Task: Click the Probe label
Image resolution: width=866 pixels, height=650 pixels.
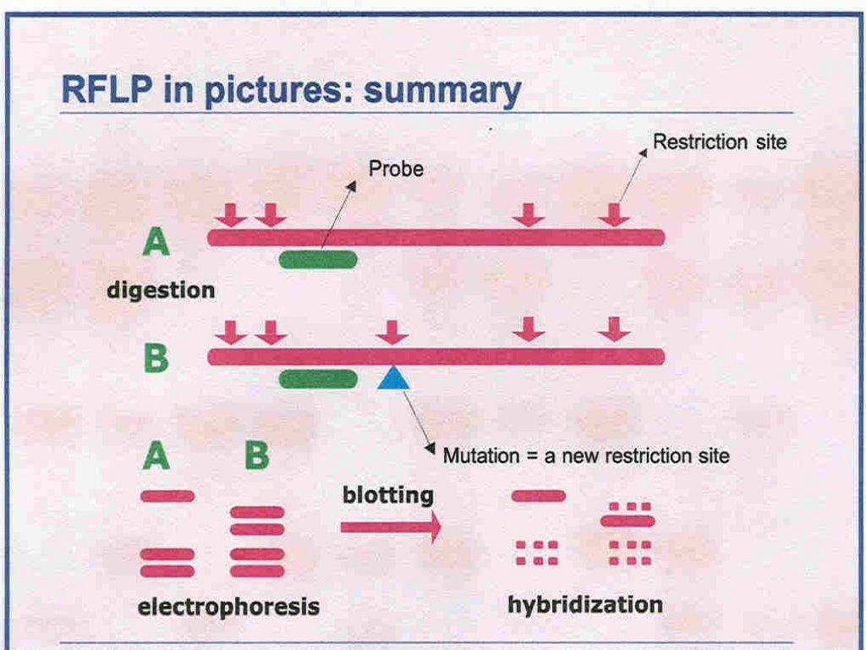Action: pyautogui.click(x=396, y=169)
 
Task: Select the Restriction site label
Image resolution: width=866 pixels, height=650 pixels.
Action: pyautogui.click(x=720, y=141)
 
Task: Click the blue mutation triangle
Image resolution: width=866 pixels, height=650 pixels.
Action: pyautogui.click(x=393, y=377)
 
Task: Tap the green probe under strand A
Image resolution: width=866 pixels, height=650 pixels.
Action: pyautogui.click(x=318, y=260)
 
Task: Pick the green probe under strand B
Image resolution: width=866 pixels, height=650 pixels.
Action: pyautogui.click(x=318, y=379)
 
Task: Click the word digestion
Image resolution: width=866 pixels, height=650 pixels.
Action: pyautogui.click(x=161, y=290)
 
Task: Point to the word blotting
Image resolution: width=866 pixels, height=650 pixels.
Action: pyautogui.click(x=388, y=495)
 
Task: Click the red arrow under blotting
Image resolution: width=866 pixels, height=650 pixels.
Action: pyautogui.click(x=391, y=527)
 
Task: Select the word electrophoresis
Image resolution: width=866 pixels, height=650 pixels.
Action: pyautogui.click(x=228, y=606)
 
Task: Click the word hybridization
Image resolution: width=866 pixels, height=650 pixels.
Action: pyautogui.click(x=585, y=604)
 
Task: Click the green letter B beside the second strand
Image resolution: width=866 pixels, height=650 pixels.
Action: pyautogui.click(x=156, y=358)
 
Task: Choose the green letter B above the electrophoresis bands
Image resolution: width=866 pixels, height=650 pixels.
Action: pyautogui.click(x=256, y=456)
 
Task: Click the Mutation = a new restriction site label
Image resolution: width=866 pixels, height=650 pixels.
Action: pyautogui.click(x=586, y=456)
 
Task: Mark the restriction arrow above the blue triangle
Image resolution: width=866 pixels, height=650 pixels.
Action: pyautogui.click(x=392, y=331)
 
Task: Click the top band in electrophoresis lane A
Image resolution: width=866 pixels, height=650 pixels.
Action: pyautogui.click(x=167, y=496)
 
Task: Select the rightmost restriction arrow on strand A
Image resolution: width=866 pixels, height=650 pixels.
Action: pyautogui.click(x=614, y=214)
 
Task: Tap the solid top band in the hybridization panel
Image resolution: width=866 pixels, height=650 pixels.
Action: pyautogui.click(x=539, y=496)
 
